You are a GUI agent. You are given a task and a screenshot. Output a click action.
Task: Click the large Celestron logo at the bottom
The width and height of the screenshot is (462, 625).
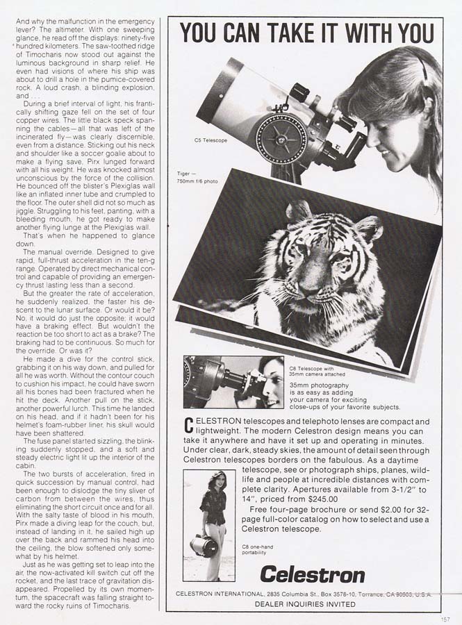click(x=312, y=574)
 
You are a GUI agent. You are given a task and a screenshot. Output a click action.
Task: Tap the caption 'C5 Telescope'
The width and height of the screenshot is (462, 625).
click(x=211, y=140)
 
